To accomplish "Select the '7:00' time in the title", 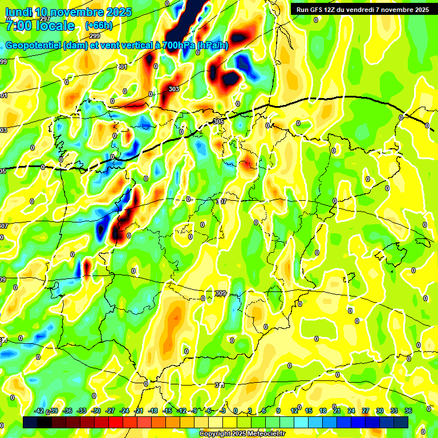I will coord(17,26).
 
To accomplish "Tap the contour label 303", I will coord(174,89).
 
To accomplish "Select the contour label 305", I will coord(218,121).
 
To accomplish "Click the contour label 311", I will coord(220,385).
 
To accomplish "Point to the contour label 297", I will coord(45,19).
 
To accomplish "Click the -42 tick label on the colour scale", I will coord(39,411).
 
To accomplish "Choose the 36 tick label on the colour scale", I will coord(408,411).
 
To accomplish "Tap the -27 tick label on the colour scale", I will coord(110,411).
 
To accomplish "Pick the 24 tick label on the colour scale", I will coord(351,411).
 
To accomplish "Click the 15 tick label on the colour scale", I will coord(309,411).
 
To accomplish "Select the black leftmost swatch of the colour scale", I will coord(30,422).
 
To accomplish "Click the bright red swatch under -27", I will coord(116,422).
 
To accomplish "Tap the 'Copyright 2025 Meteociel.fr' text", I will coord(241,433).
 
